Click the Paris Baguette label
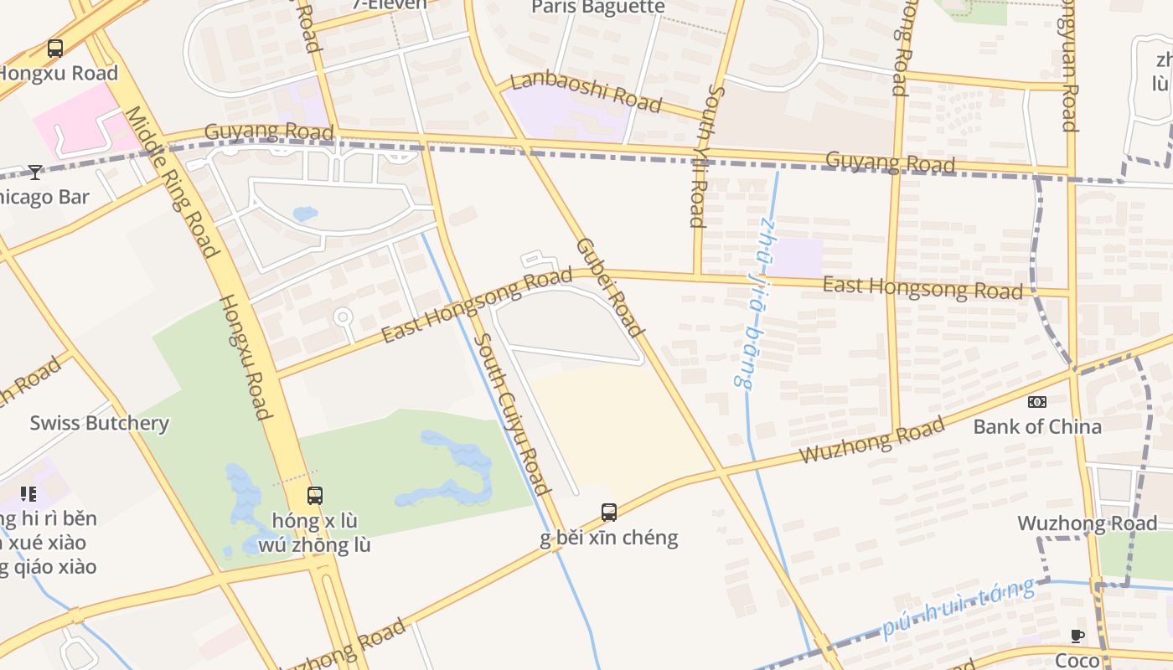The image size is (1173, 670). click(x=598, y=8)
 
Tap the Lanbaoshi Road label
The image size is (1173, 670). click(x=586, y=91)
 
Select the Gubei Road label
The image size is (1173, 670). click(x=610, y=287)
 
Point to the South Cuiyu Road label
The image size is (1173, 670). click(x=513, y=413)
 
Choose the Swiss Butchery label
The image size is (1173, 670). click(x=100, y=423)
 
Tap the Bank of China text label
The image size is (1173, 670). click(x=1037, y=426)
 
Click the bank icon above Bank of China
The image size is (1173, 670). click(x=1037, y=402)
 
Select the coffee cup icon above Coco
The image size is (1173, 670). click(x=1077, y=636)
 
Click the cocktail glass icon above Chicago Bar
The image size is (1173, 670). click(x=34, y=173)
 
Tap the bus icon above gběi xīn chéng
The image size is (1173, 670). click(x=609, y=512)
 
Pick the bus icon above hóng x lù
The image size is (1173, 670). click(x=314, y=495)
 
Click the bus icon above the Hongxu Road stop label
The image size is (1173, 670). click(x=55, y=49)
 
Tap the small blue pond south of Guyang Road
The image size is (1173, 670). click(x=305, y=214)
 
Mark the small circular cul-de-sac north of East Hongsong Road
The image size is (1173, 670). click(x=343, y=317)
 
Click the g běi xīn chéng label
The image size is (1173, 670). click(x=609, y=537)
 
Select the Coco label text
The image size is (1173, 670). click(x=1077, y=661)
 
